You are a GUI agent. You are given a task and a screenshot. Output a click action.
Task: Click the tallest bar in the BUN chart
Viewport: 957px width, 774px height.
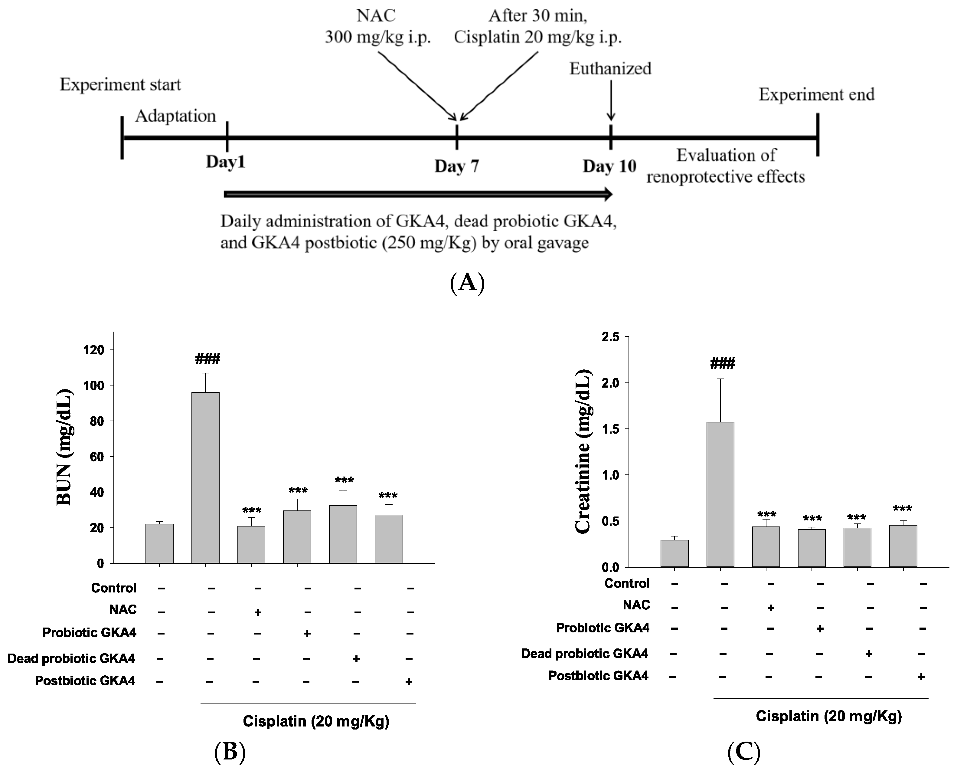pyautogui.click(x=205, y=477)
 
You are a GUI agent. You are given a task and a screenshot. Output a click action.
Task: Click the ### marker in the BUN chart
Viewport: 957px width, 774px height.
pyautogui.click(x=207, y=359)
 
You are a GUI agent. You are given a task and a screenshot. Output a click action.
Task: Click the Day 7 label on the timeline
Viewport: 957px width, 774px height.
pyautogui.click(x=456, y=166)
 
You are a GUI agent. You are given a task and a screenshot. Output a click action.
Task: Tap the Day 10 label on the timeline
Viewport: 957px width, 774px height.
pyautogui.click(x=609, y=166)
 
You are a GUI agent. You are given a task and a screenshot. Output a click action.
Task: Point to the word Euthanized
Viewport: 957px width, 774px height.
pyautogui.click(x=610, y=69)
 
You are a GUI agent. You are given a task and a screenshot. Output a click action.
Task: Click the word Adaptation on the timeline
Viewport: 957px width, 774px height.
pyautogui.click(x=175, y=116)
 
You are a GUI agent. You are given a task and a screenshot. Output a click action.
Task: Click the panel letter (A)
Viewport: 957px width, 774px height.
pyautogui.click(x=467, y=283)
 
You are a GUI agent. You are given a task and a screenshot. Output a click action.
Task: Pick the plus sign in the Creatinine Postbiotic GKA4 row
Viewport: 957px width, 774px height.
pyautogui.click(x=921, y=677)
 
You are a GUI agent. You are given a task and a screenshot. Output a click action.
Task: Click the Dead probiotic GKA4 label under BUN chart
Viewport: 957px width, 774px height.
pyautogui.click(x=71, y=658)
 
